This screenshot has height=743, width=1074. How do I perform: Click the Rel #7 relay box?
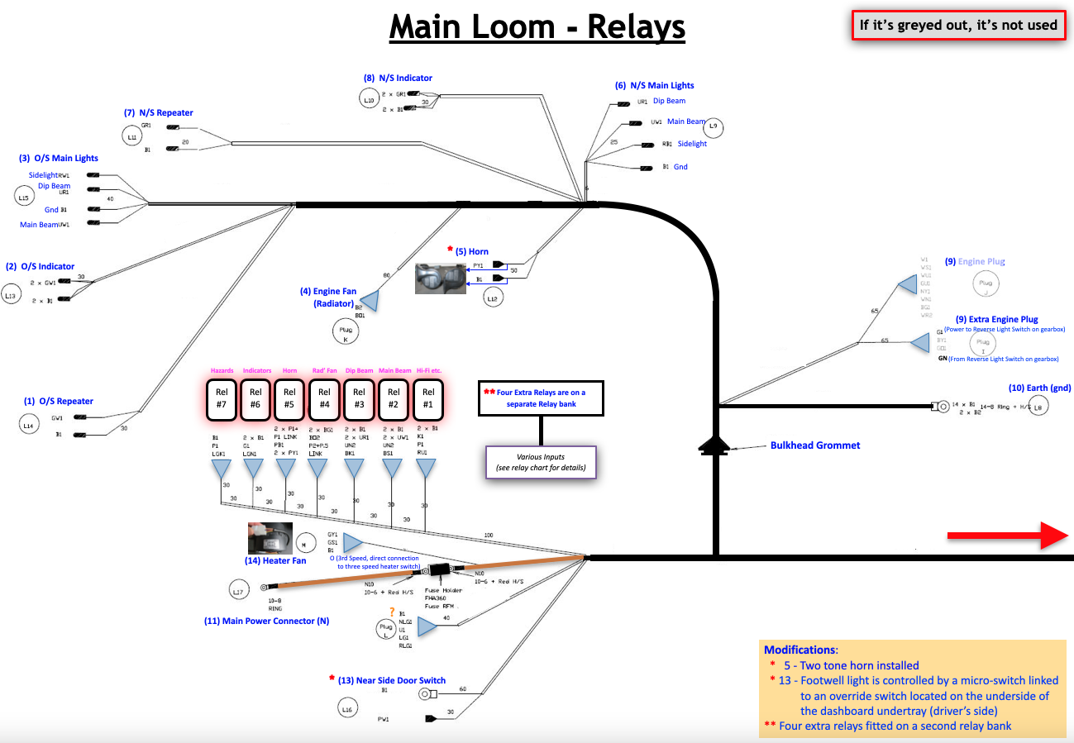221,398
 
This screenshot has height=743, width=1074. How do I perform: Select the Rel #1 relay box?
427,398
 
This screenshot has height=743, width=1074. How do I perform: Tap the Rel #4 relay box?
324,398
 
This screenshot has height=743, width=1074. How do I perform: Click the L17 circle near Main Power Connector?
239,589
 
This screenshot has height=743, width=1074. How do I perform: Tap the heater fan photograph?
270,538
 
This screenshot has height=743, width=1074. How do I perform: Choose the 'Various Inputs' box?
540,461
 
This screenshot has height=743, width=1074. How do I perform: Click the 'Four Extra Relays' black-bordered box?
542,398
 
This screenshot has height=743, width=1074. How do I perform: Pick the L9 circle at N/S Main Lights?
714,127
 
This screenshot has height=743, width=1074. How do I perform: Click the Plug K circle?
346,333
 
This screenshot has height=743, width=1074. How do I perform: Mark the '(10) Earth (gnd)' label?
1039,388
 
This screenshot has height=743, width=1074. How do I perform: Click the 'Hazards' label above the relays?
222,371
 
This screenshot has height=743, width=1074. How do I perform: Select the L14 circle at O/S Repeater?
29,425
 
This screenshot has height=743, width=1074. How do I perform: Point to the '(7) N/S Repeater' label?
158,112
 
